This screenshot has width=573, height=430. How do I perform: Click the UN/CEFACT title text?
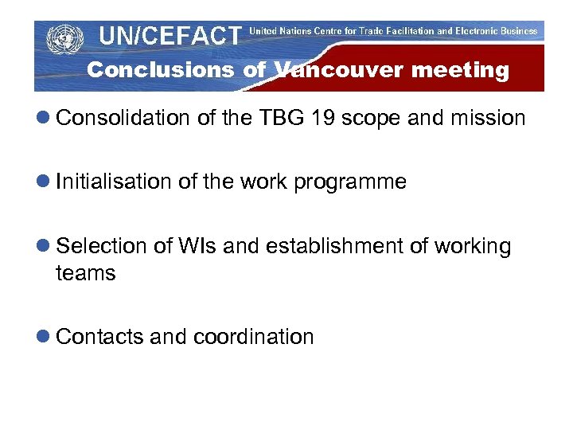click(170, 35)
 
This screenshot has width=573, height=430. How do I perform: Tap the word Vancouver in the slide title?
click(337, 70)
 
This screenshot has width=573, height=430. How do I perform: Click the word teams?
click(85, 273)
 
